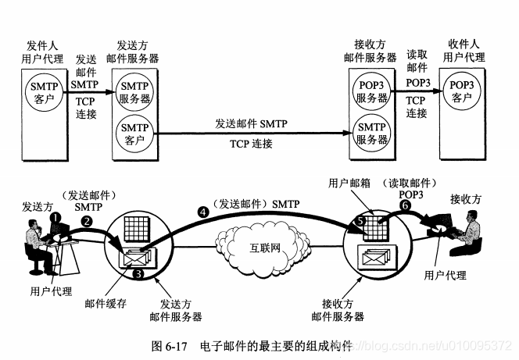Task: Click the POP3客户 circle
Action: tap(463, 90)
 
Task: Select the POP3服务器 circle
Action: tap(371, 91)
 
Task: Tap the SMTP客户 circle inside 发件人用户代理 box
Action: tap(43, 90)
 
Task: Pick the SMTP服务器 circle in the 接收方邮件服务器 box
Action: tap(371, 132)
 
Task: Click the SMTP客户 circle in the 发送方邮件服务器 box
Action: tap(134, 132)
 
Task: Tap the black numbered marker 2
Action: tap(87, 222)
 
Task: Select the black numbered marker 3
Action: tap(137, 274)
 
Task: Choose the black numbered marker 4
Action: tap(205, 211)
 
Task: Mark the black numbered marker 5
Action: tap(361, 221)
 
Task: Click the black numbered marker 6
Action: tap(404, 206)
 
